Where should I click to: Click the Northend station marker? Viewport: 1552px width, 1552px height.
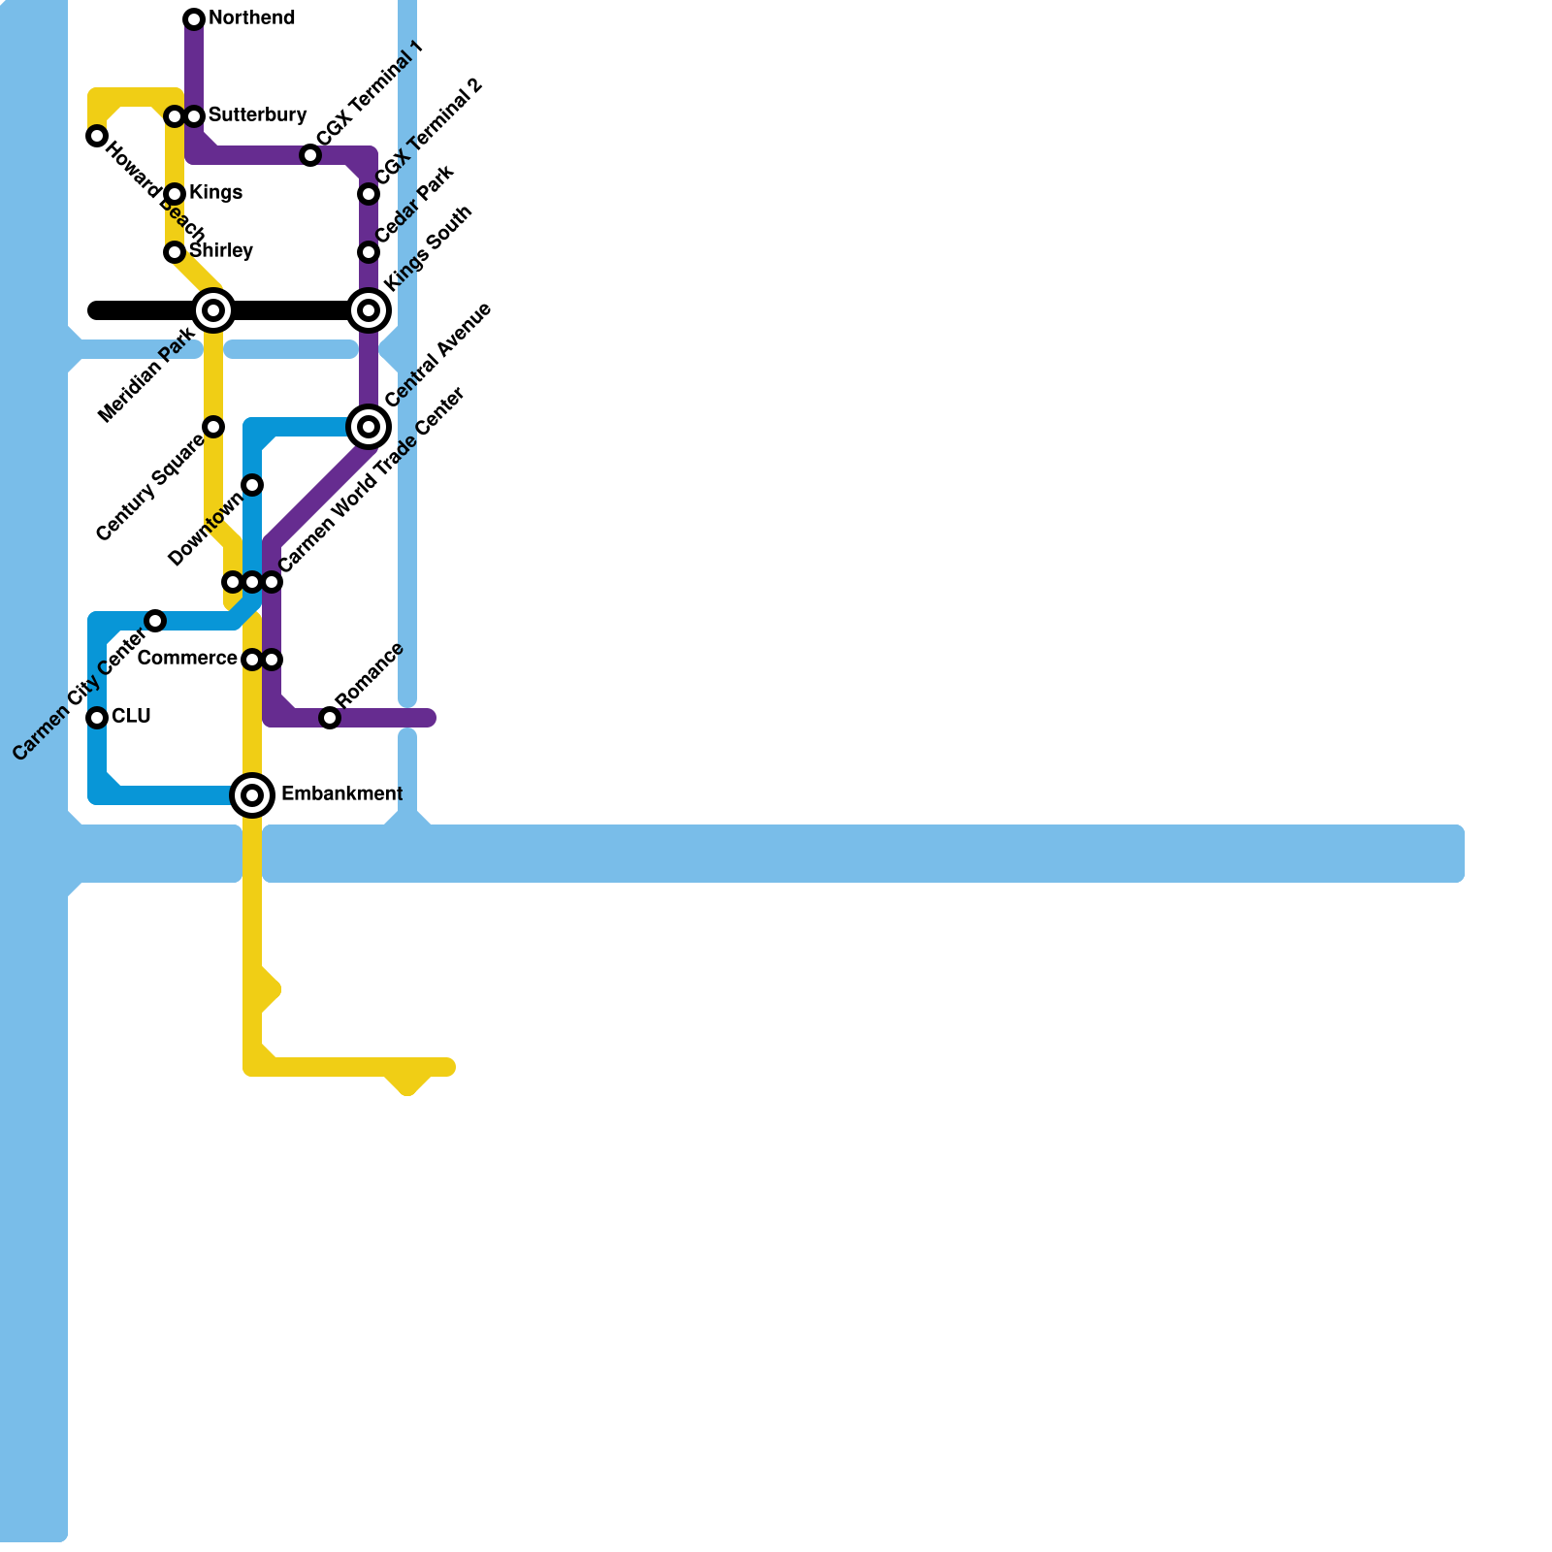coord(194,19)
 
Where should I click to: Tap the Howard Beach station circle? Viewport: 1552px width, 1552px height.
coord(97,136)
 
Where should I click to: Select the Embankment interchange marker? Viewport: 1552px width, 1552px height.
coord(252,795)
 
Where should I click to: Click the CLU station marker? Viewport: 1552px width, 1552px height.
coord(97,718)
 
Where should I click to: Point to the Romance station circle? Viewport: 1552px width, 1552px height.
coord(330,718)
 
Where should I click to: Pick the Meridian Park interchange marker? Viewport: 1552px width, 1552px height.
coord(213,310)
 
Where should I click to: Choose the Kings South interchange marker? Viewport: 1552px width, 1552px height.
coord(369,310)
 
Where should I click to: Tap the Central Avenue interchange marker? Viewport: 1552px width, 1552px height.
coord(369,427)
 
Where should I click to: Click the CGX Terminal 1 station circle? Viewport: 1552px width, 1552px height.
coord(310,155)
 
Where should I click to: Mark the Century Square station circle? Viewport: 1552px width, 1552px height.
coord(213,427)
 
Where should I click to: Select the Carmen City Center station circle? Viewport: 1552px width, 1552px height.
coord(155,621)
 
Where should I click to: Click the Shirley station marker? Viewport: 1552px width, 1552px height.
coord(175,252)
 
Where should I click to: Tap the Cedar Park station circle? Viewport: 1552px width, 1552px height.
coord(369,252)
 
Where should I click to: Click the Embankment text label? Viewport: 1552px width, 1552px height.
coord(341,794)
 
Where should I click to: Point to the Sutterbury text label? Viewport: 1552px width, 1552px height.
coord(257,115)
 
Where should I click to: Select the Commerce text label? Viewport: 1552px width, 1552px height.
coord(187,659)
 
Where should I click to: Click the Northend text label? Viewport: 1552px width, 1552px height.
coord(251,18)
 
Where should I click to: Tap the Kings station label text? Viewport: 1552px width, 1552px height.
coord(215,193)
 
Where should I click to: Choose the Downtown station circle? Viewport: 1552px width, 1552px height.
coord(252,485)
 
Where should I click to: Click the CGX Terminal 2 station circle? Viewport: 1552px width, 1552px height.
coord(369,194)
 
